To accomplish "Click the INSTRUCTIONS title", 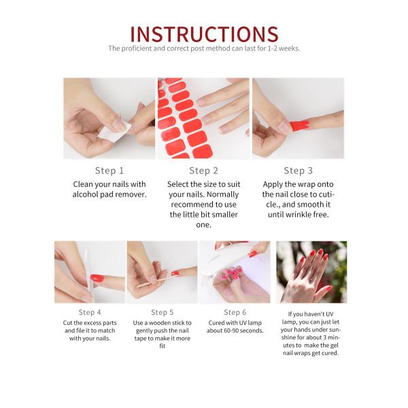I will click(x=204, y=34).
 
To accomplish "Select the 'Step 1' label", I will click(x=109, y=171).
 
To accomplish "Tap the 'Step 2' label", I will click(x=204, y=171).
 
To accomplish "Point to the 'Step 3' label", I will click(x=299, y=171).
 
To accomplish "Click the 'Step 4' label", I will click(x=90, y=312).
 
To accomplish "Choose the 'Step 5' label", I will click(x=163, y=312).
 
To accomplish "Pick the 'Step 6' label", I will click(x=235, y=312).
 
